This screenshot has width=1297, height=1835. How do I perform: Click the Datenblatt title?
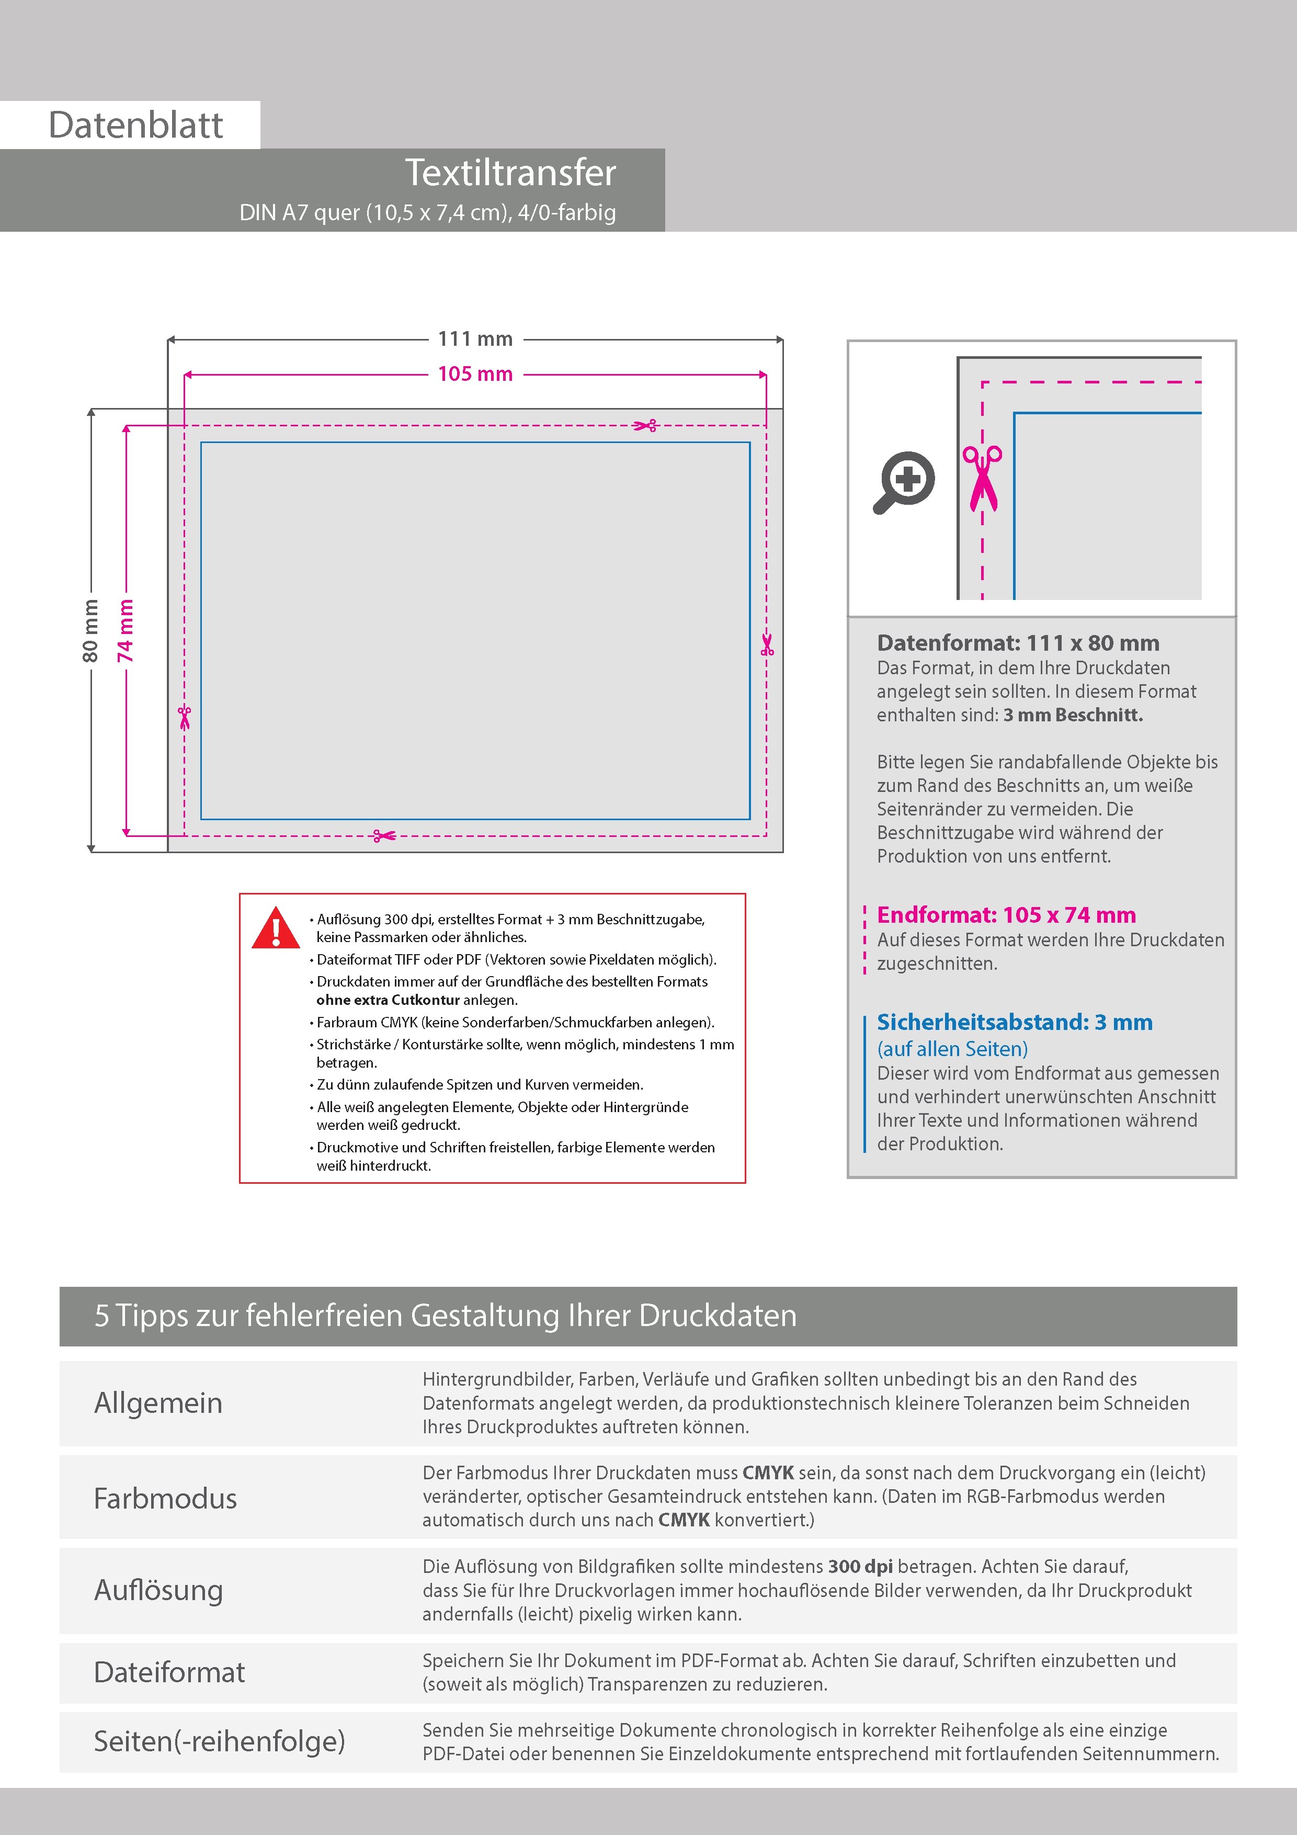[136, 124]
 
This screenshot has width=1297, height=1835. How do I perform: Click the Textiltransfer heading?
[510, 173]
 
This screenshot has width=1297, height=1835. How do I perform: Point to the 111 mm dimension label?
[475, 339]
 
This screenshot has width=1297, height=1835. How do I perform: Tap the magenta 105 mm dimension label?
[475, 374]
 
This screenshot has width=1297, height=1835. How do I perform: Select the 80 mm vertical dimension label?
[90, 630]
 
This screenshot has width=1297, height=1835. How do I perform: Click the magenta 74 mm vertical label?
[126, 630]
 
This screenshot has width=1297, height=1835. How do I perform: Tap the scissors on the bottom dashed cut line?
[384, 836]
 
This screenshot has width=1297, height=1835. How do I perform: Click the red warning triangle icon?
[276, 928]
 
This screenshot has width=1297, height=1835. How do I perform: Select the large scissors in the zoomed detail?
[982, 479]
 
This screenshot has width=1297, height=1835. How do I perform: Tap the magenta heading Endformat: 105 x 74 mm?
[1006, 914]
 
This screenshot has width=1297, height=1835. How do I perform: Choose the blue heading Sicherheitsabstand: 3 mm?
[1015, 1022]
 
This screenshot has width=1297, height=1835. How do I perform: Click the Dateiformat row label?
[169, 1672]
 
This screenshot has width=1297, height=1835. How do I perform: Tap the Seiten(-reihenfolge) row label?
[220, 1741]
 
